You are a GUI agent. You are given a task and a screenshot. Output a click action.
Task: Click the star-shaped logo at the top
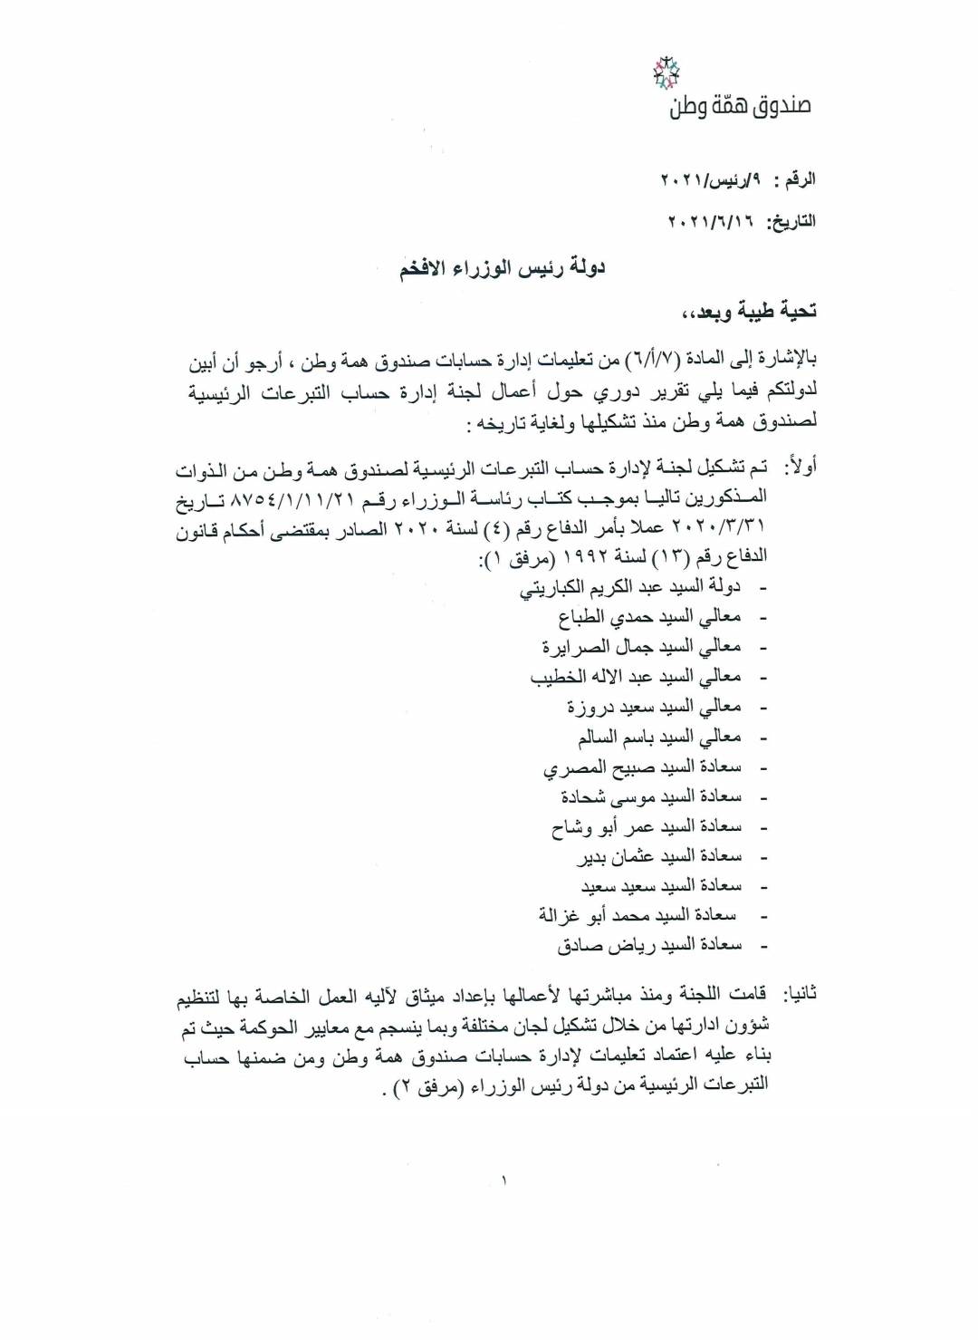(x=671, y=72)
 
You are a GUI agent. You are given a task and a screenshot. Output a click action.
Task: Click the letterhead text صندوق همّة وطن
(x=740, y=106)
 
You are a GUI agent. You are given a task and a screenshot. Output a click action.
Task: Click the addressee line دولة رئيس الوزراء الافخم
(x=503, y=268)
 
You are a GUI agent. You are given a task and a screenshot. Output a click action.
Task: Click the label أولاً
(x=798, y=468)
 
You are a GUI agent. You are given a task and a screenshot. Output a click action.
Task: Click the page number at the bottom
(x=500, y=1181)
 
